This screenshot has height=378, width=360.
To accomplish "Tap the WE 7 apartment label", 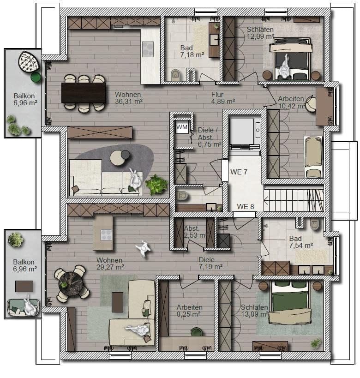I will click(239, 172).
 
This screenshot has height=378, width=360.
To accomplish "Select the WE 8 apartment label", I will click(246, 206).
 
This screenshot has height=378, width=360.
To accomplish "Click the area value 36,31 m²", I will click(128, 101).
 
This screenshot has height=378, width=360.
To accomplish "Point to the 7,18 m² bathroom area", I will click(192, 55).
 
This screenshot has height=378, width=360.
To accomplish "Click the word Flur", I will click(217, 94).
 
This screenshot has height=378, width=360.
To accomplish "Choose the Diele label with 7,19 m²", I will click(207, 259).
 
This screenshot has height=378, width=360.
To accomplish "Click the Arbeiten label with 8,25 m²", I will click(189, 307).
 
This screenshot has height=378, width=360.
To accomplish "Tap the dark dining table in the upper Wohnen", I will click(83, 92).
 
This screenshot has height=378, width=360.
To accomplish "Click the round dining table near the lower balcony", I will click(72, 282).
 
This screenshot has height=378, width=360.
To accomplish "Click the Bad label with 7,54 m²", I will click(295, 239).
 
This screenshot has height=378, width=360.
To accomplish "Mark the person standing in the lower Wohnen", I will click(143, 249).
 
